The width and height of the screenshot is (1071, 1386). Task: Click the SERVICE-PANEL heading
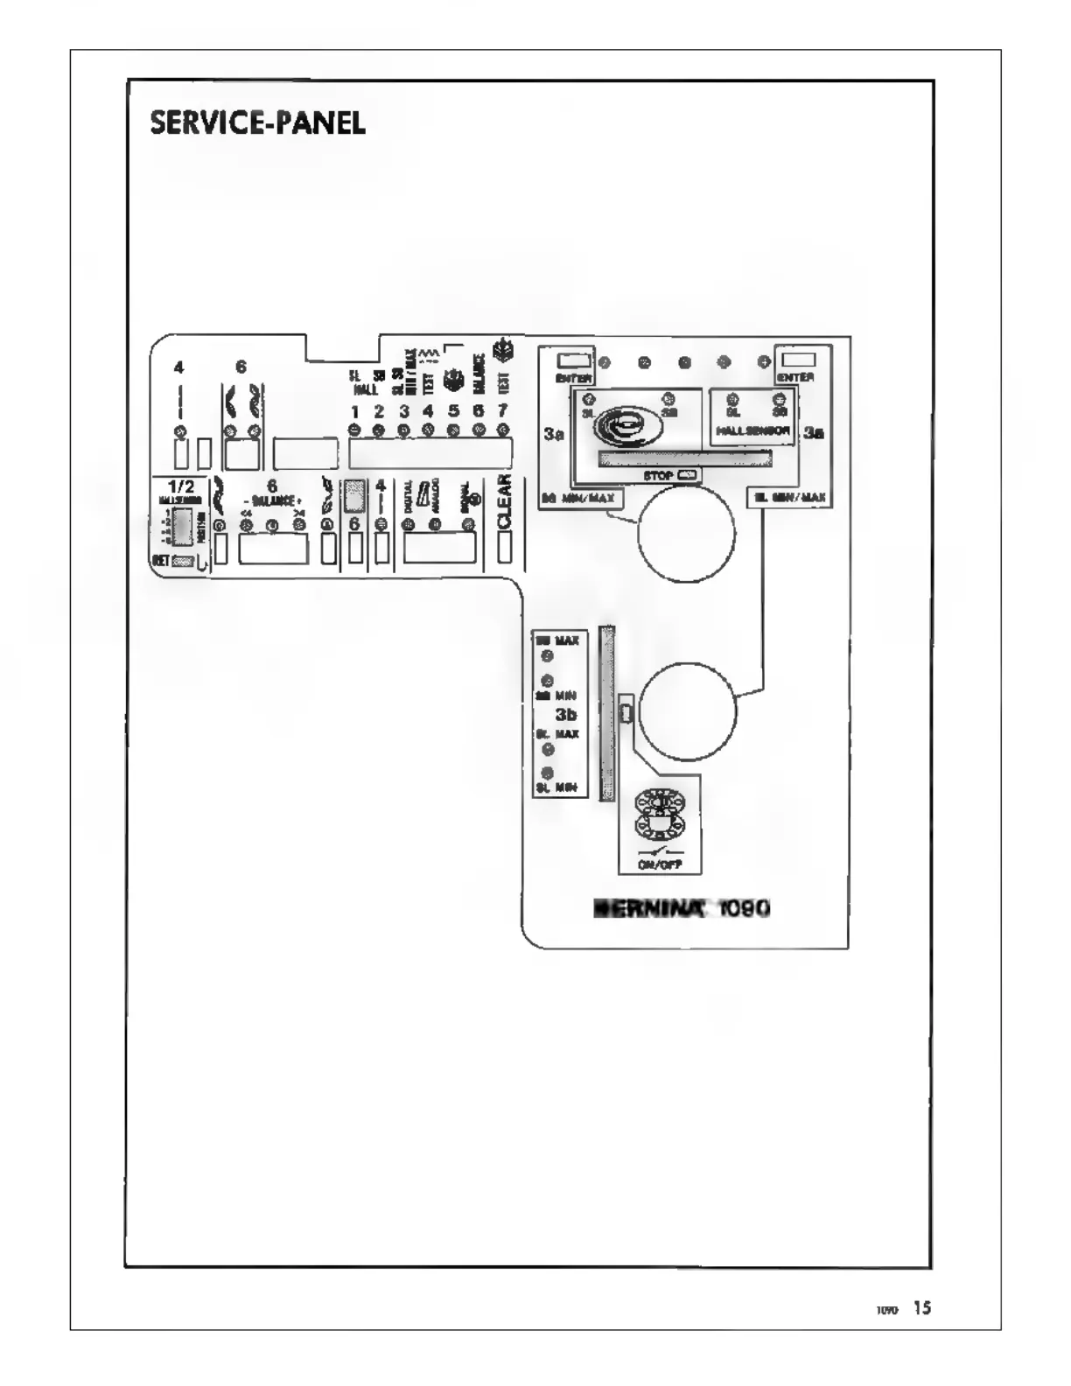[257, 123]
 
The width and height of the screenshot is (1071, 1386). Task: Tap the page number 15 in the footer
[922, 1308]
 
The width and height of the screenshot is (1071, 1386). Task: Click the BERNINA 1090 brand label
[682, 908]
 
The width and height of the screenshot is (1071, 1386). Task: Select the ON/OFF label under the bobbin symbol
[660, 864]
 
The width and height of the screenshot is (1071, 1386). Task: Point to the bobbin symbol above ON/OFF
[659, 814]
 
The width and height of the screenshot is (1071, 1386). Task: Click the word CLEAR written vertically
[504, 502]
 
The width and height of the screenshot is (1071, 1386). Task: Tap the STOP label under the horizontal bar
[658, 476]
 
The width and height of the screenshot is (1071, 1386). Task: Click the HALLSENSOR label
[752, 430]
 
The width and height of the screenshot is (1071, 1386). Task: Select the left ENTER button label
[573, 378]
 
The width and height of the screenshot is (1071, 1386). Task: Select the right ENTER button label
[795, 377]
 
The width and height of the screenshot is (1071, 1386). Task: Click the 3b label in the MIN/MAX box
[565, 715]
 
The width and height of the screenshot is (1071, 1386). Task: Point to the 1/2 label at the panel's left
[181, 486]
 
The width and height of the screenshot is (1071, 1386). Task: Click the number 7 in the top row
[503, 410]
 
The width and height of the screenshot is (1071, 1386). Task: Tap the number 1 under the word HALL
[355, 411]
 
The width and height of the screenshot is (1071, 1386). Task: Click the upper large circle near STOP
[686, 533]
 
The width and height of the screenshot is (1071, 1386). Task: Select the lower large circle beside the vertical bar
[687, 711]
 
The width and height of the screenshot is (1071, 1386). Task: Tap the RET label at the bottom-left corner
[161, 561]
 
